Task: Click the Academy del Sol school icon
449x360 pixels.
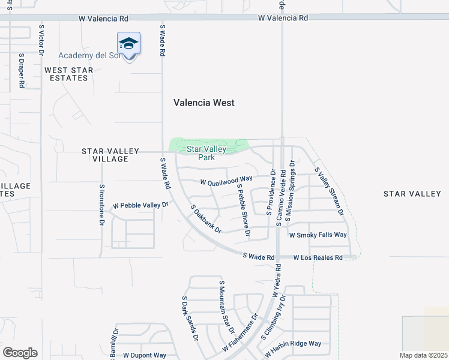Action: pyautogui.click(x=128, y=44)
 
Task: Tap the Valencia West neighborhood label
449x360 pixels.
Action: pyautogui.click(x=204, y=103)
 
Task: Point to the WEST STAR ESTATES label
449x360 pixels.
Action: pyautogui.click(x=69, y=74)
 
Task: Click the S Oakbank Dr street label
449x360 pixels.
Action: pyautogui.click(x=206, y=219)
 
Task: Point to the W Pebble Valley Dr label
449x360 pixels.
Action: pyautogui.click(x=140, y=205)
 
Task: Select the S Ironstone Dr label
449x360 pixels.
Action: pyautogui.click(x=101, y=205)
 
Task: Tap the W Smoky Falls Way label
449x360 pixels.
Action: pyautogui.click(x=318, y=235)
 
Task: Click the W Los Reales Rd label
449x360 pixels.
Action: pyautogui.click(x=318, y=257)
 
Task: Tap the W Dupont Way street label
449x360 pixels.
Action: pyautogui.click(x=145, y=355)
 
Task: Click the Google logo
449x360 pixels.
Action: pyautogui.click(x=20, y=353)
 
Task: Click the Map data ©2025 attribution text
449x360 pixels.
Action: pyautogui.click(x=423, y=355)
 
